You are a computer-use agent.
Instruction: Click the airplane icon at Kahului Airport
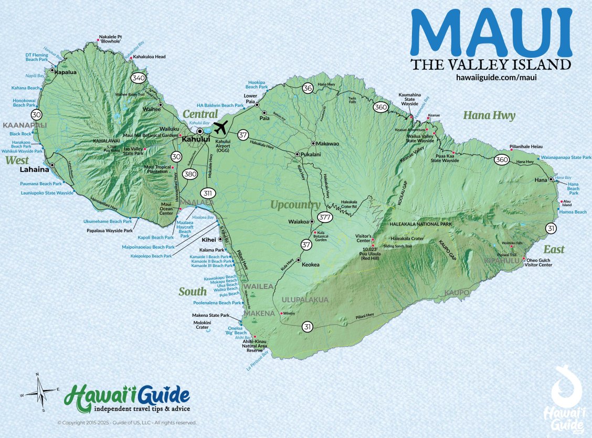(x=221, y=127)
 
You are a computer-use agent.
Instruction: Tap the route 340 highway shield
(x=139, y=78)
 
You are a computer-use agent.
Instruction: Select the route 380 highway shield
(x=189, y=175)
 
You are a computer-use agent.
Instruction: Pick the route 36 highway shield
(x=308, y=88)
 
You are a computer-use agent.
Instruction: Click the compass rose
(x=40, y=392)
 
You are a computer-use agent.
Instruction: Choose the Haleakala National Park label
(x=421, y=225)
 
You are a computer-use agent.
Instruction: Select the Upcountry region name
(x=295, y=205)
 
